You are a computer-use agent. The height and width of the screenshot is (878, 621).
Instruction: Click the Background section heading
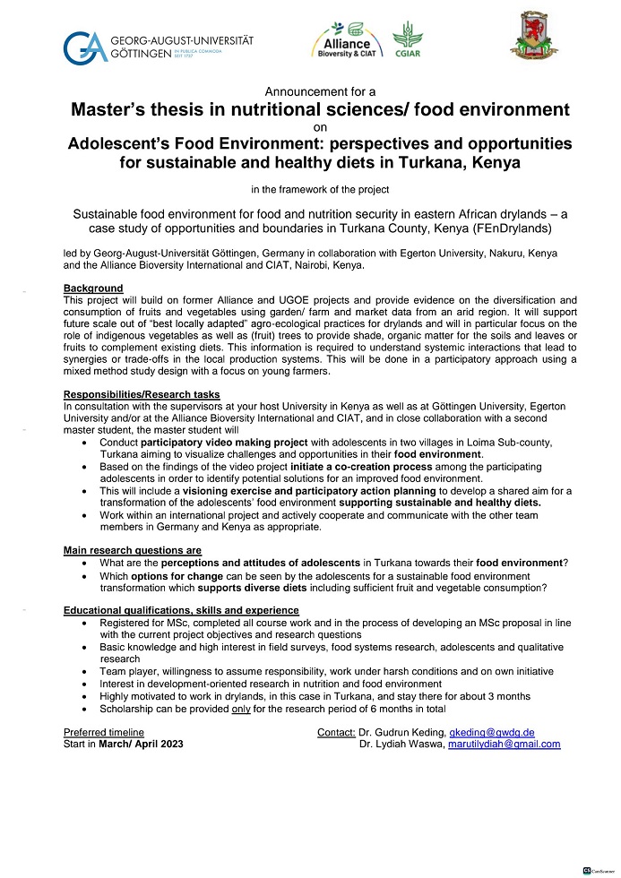tap(93, 288)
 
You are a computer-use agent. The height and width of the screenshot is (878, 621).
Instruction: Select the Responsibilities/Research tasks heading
tap(142, 395)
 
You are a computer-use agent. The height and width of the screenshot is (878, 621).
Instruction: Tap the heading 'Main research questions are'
tap(133, 550)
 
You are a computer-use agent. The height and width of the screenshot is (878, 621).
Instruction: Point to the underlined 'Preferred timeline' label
tap(104, 733)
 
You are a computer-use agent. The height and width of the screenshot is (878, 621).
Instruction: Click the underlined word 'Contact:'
tap(336, 733)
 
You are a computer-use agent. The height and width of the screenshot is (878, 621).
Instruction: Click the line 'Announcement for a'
tap(321, 91)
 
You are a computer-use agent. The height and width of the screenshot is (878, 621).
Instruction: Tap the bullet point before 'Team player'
tap(85, 671)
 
